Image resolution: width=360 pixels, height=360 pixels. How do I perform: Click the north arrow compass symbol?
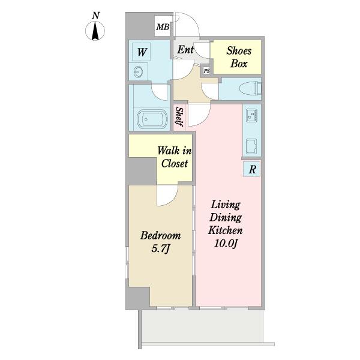coord(95,31)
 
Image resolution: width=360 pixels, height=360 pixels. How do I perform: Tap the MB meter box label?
coord(163,28)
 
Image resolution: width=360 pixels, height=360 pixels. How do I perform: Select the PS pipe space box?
coord(206,70)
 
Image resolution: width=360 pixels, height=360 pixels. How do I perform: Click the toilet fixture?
coord(250,88)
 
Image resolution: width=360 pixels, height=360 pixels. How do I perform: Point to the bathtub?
coord(152,119)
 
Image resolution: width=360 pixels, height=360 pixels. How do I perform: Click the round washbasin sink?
coord(139,71)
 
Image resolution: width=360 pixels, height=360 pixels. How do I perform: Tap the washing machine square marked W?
coord(141,52)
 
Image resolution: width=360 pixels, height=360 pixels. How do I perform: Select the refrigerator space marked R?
coord(252,169)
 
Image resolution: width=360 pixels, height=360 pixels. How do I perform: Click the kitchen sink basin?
coord(252,146)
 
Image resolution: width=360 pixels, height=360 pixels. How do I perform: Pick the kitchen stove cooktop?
coord(252,115)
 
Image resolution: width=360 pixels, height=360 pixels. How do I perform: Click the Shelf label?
coord(179,116)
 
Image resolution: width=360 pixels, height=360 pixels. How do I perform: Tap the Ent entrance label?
coord(185,50)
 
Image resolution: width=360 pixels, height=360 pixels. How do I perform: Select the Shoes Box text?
coord(239,57)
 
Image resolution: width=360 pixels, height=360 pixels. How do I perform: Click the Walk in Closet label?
coord(174,157)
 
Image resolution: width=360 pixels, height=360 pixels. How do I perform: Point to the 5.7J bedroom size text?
coord(160,248)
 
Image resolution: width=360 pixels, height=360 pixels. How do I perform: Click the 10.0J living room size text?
coord(226,244)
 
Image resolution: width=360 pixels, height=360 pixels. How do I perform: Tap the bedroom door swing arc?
coord(171,200)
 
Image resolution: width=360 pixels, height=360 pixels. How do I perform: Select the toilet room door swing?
coord(207,92)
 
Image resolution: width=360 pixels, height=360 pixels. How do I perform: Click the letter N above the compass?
coord(96,16)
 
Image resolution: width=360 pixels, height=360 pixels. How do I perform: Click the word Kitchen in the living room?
coord(225,230)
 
